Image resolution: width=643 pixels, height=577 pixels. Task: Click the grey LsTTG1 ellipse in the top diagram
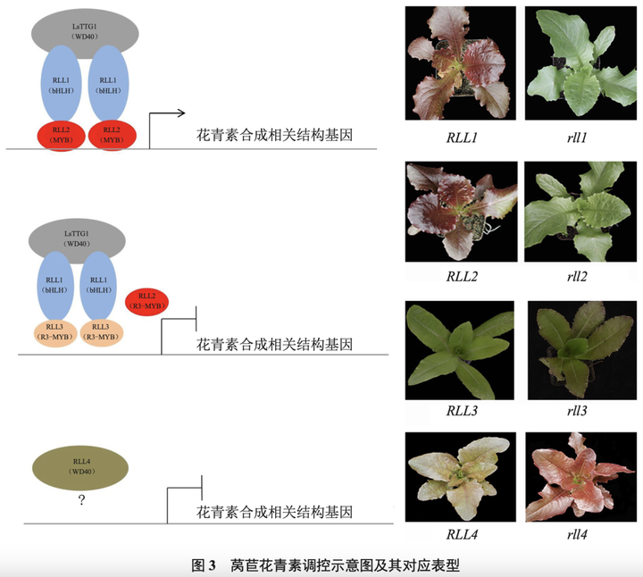(86, 35)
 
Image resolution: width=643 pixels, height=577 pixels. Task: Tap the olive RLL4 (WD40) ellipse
(81, 465)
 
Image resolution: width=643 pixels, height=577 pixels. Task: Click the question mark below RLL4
(81, 501)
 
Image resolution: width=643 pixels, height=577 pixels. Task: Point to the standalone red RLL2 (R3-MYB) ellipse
(146, 301)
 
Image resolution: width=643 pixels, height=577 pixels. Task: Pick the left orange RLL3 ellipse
(55, 332)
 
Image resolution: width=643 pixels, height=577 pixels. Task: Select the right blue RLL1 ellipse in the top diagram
(112, 87)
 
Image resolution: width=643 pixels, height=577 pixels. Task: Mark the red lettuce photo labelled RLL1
(460, 63)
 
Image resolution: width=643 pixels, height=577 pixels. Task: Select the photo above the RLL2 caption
(460, 213)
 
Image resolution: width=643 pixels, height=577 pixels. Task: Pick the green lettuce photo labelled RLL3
(460, 350)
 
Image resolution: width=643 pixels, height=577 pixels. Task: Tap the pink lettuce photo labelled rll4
(572, 477)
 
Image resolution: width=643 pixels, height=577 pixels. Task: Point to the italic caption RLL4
(462, 536)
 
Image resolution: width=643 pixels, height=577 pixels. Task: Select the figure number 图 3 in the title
(205, 564)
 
